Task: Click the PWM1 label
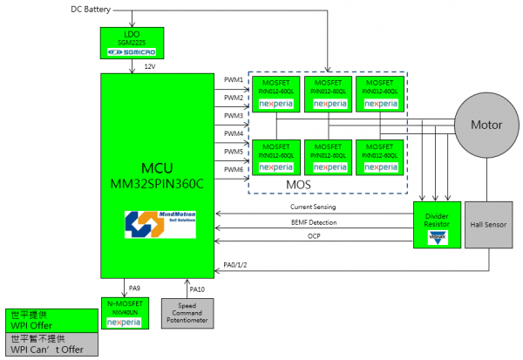(x=234, y=79)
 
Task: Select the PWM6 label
(x=234, y=169)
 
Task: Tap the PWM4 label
(x=234, y=133)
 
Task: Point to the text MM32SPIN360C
(x=160, y=182)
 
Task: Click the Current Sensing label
(x=315, y=207)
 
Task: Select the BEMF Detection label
(x=315, y=224)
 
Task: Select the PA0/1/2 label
(x=237, y=264)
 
